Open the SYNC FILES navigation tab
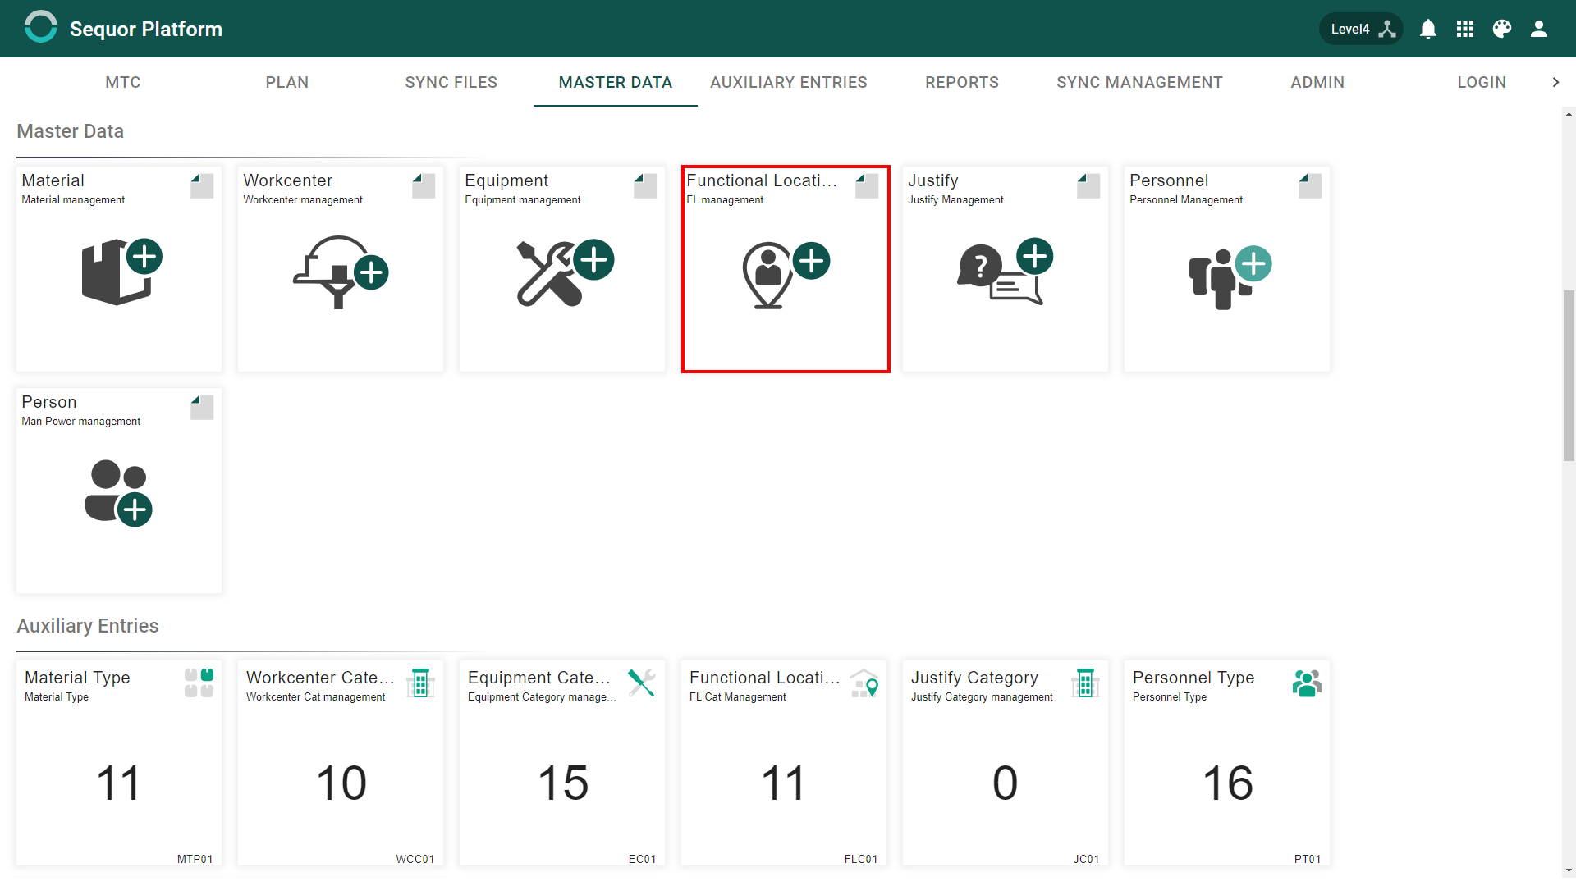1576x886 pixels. click(x=451, y=82)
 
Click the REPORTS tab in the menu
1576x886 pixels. click(x=962, y=82)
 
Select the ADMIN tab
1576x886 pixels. click(x=1317, y=82)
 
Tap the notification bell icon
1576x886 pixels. click(x=1428, y=29)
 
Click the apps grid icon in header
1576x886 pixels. click(x=1465, y=29)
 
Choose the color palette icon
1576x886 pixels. click(x=1502, y=29)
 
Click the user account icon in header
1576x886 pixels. click(x=1539, y=29)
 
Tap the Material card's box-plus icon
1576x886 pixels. click(x=121, y=272)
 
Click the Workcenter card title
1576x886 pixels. click(x=287, y=180)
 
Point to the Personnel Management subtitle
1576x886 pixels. click(x=1186, y=200)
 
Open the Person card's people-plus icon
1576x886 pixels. click(x=118, y=493)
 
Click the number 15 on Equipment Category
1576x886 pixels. click(x=563, y=783)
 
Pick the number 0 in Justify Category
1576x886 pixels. click(x=1006, y=783)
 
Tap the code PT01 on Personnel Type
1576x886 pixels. click(x=1308, y=859)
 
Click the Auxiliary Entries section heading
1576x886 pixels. click(x=88, y=626)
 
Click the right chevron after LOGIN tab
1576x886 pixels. click(x=1555, y=82)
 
